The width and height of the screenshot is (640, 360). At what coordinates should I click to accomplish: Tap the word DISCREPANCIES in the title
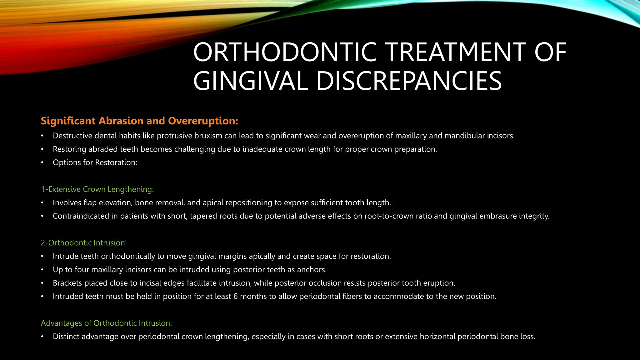point(409,81)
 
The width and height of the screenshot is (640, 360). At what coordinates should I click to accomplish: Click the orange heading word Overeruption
point(203,121)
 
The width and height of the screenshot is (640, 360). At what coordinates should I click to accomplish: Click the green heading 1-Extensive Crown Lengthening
point(97,189)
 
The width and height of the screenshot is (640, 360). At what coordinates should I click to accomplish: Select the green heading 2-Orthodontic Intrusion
point(84,243)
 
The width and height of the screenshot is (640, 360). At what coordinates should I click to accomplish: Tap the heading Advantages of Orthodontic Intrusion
point(106,323)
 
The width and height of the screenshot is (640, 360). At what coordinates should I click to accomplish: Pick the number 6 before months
point(235,297)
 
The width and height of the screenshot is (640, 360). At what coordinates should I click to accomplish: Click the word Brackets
point(67,283)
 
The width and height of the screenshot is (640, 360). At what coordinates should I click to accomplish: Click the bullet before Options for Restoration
point(42,163)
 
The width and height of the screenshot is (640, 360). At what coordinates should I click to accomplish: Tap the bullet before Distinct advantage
point(42,337)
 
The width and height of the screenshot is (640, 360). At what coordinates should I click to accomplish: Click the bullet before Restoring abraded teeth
point(42,149)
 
